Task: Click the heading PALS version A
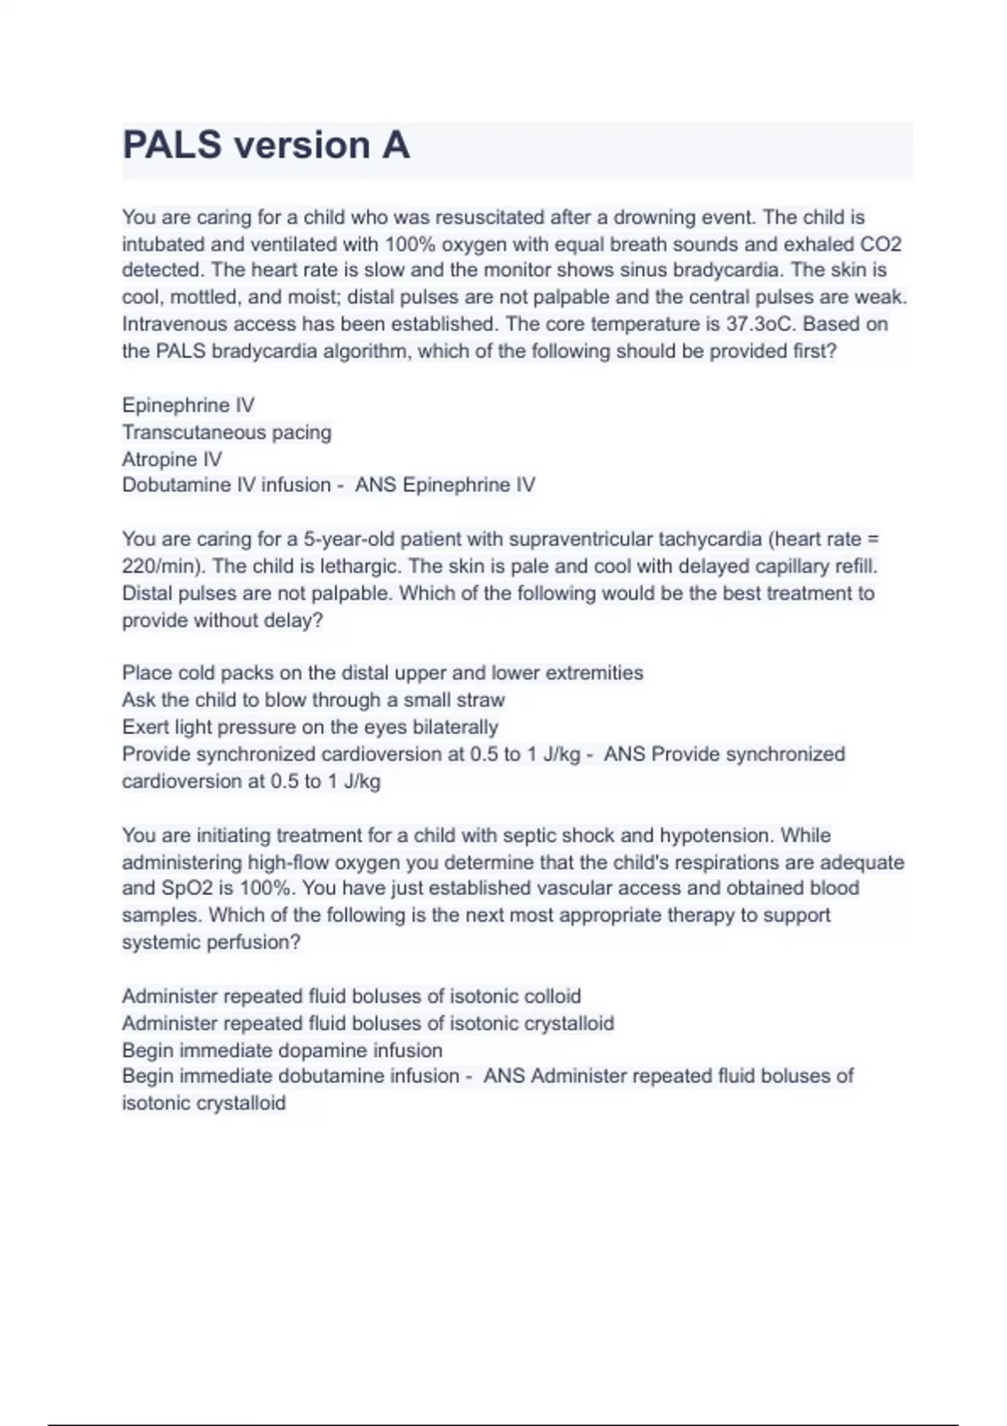point(266,146)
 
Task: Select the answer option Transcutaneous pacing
point(227,432)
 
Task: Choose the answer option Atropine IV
point(172,459)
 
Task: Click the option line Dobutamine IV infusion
point(227,485)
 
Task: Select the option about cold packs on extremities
point(383,673)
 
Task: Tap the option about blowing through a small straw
point(313,700)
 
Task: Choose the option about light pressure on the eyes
point(310,726)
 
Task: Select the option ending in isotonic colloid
point(351,996)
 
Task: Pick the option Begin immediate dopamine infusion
point(282,1050)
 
